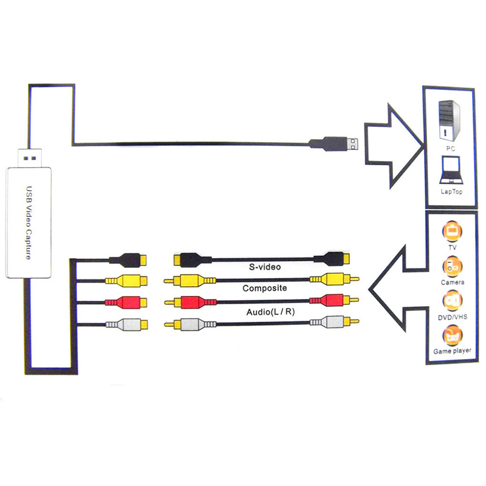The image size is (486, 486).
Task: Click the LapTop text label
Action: coord(451,191)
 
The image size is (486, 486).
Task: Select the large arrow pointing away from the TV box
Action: coord(398,286)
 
